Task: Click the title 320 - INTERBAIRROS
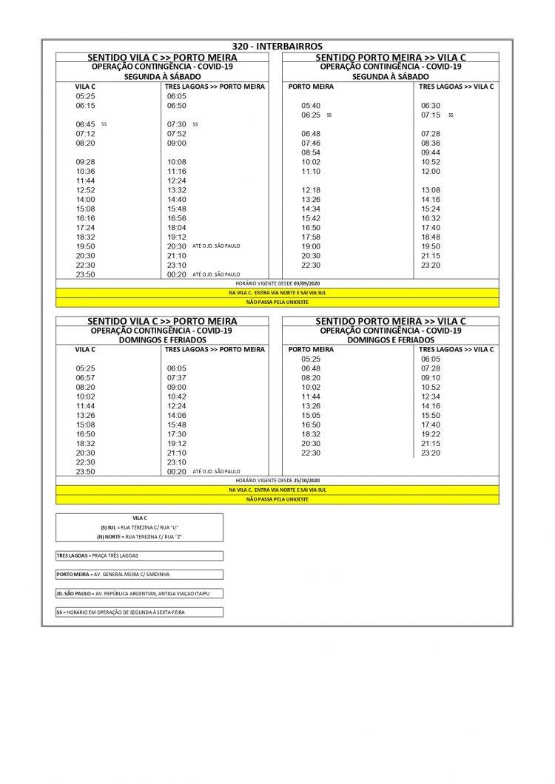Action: (277, 46)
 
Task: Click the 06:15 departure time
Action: (85, 106)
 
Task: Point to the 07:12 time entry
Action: (85, 134)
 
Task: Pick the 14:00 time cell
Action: (85, 200)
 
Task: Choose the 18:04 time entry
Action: (177, 228)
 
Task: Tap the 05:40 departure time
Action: (311, 106)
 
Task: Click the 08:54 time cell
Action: (311, 152)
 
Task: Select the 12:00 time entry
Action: (431, 172)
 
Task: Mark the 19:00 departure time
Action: (311, 246)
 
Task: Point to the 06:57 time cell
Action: (85, 377)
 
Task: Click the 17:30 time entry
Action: (177, 434)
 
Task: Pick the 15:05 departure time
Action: (311, 415)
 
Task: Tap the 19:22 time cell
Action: (431, 434)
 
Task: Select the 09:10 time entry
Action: (431, 377)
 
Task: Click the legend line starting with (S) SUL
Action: (138, 526)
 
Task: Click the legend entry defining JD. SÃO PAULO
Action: (138, 594)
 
